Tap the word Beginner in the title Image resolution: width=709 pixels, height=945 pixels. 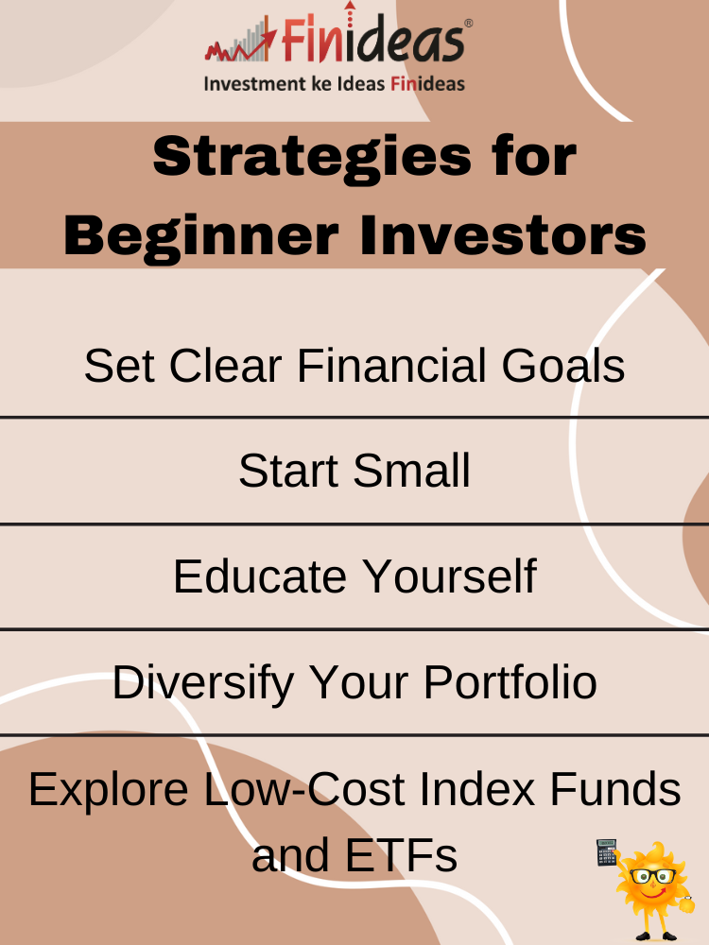(x=201, y=236)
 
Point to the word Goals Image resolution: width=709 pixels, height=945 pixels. (x=563, y=365)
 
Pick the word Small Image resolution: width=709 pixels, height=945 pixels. (x=411, y=470)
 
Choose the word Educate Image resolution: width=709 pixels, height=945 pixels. (x=260, y=576)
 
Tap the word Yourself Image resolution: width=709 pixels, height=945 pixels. (x=449, y=576)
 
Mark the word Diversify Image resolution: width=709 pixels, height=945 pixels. (x=203, y=683)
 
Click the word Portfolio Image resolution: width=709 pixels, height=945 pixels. (x=510, y=682)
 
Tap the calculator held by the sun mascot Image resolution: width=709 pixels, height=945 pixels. (x=607, y=852)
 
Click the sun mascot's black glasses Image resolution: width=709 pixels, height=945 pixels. (x=653, y=876)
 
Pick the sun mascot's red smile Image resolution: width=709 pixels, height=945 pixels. (x=653, y=891)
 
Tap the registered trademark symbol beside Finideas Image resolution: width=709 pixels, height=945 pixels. (x=469, y=24)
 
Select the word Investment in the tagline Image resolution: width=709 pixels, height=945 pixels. (x=255, y=84)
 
